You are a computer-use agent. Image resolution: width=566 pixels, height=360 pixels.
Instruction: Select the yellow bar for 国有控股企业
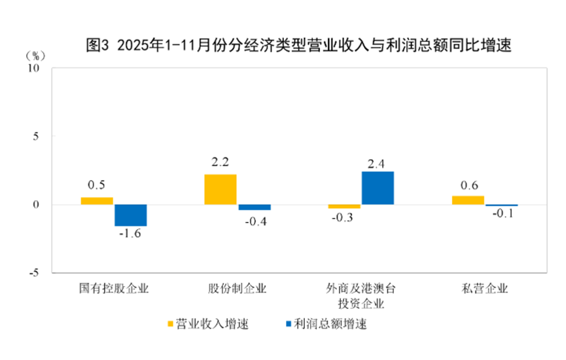[x=97, y=201]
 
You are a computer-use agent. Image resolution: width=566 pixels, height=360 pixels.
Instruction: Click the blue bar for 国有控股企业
[x=131, y=215]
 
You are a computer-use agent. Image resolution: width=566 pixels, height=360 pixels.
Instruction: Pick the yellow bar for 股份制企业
[x=221, y=189]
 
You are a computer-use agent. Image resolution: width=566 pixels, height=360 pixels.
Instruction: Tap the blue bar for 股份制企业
[x=255, y=207]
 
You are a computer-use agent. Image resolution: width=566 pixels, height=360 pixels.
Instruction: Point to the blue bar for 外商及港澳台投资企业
[x=378, y=188]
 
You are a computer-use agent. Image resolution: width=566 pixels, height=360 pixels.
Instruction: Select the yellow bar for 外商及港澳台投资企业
[x=344, y=207]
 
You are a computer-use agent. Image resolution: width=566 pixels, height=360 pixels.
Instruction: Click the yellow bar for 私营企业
[x=468, y=200]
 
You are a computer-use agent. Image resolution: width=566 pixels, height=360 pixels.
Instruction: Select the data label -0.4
[x=255, y=221]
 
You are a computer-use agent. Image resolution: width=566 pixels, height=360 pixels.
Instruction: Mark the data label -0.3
[x=344, y=218]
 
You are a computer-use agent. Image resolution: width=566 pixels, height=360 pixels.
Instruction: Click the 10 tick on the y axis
[x=34, y=68]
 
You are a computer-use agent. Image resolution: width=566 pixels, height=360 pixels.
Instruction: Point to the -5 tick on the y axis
[x=34, y=273]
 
